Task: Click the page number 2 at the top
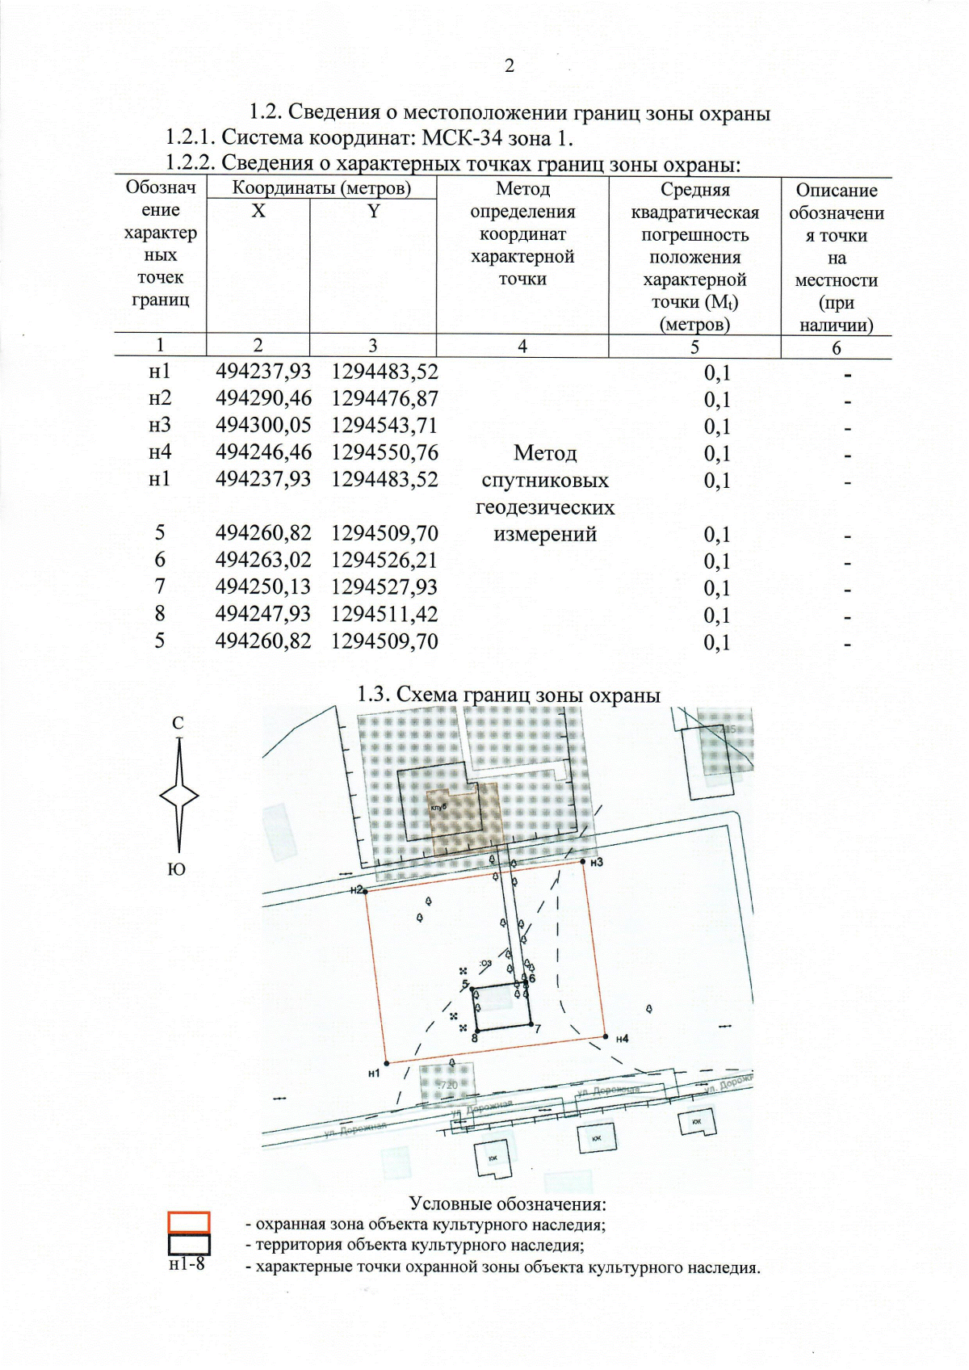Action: (509, 66)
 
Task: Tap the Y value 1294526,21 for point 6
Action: (384, 560)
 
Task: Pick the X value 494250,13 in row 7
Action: (262, 587)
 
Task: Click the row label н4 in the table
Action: (160, 452)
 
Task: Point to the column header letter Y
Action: (373, 212)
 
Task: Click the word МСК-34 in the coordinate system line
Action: (469, 138)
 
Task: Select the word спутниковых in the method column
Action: (544, 481)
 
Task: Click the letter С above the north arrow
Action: (178, 724)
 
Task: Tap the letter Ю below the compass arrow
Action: (177, 870)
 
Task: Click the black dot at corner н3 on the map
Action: (583, 863)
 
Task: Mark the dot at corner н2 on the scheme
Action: (366, 892)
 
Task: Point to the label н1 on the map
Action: (374, 1074)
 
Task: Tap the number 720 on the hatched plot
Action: (448, 1085)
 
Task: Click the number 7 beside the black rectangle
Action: (538, 1029)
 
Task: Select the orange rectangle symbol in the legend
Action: (189, 1222)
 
